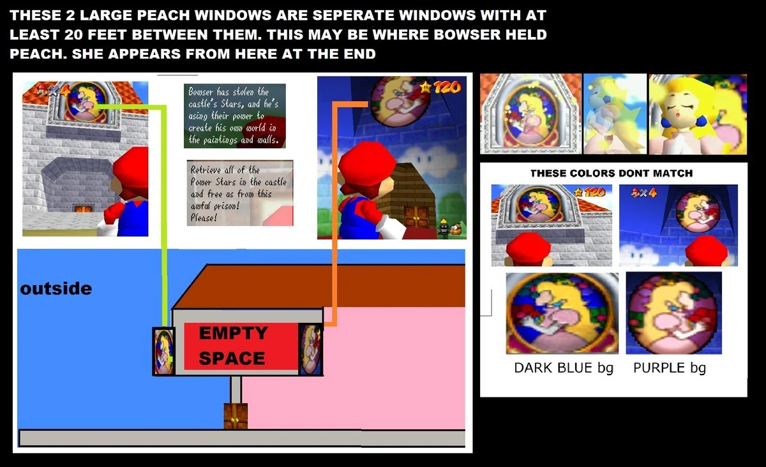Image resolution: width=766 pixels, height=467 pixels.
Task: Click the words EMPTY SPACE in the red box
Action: pyautogui.click(x=232, y=345)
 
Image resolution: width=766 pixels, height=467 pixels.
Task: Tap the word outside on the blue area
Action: pyautogui.click(x=56, y=289)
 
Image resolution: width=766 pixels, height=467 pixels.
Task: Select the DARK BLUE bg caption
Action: pyautogui.click(x=563, y=368)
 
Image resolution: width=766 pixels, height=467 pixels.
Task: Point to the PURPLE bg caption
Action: pyautogui.click(x=669, y=368)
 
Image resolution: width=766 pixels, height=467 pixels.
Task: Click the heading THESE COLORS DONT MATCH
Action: pyautogui.click(x=611, y=174)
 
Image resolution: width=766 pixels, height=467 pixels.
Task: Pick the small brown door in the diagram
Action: pyautogui.click(x=235, y=416)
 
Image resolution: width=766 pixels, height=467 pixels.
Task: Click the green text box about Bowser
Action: pyautogui.click(x=234, y=116)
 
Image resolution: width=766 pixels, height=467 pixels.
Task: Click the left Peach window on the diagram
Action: pyautogui.click(x=163, y=350)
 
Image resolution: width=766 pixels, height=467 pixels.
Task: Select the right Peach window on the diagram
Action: pyautogui.click(x=311, y=350)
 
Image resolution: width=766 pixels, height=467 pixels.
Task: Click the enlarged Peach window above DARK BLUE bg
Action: pyautogui.click(x=562, y=313)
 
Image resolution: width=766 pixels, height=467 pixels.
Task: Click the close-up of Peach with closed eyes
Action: pyautogui.click(x=697, y=114)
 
